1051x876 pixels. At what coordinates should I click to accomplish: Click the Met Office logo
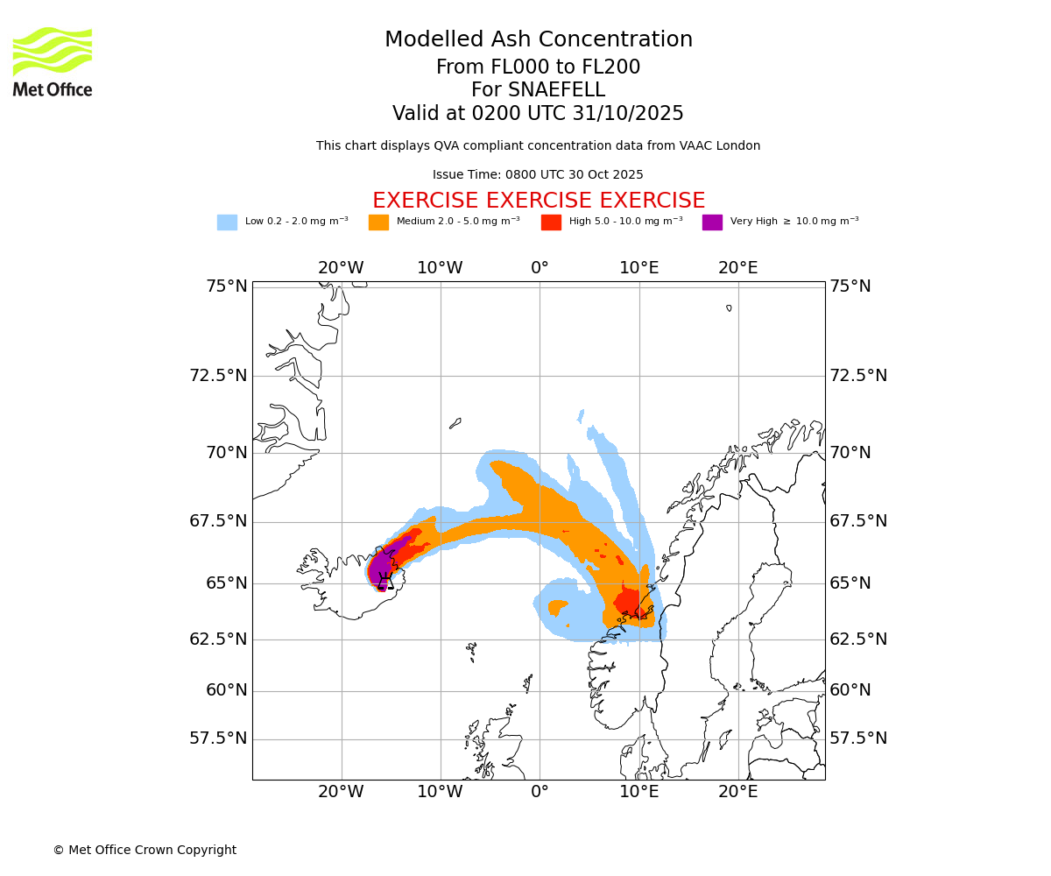pyautogui.click(x=53, y=61)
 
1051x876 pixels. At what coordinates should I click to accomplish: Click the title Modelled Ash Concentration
pyautogui.click(x=538, y=39)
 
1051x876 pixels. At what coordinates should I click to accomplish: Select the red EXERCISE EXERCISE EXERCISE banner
pyautogui.click(x=538, y=201)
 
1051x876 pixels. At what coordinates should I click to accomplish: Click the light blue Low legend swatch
pyautogui.click(x=227, y=223)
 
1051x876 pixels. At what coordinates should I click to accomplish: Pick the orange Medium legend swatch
pyautogui.click(x=378, y=223)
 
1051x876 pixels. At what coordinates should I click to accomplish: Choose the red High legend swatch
pyautogui.click(x=551, y=223)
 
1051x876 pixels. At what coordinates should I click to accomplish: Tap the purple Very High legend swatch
pyautogui.click(x=712, y=223)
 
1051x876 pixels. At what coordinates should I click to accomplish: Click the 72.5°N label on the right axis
pyautogui.click(x=858, y=376)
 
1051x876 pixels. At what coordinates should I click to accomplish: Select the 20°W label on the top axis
pyautogui.click(x=341, y=268)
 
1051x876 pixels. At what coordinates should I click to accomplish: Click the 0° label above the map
pyautogui.click(x=540, y=268)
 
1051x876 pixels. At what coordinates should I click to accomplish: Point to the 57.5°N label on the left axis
pyautogui.click(x=218, y=738)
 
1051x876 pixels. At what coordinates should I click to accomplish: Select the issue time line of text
pyautogui.click(x=538, y=175)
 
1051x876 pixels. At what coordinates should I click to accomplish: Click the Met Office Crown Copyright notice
pyautogui.click(x=145, y=850)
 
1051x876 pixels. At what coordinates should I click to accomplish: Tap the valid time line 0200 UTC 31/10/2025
pyautogui.click(x=538, y=114)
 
